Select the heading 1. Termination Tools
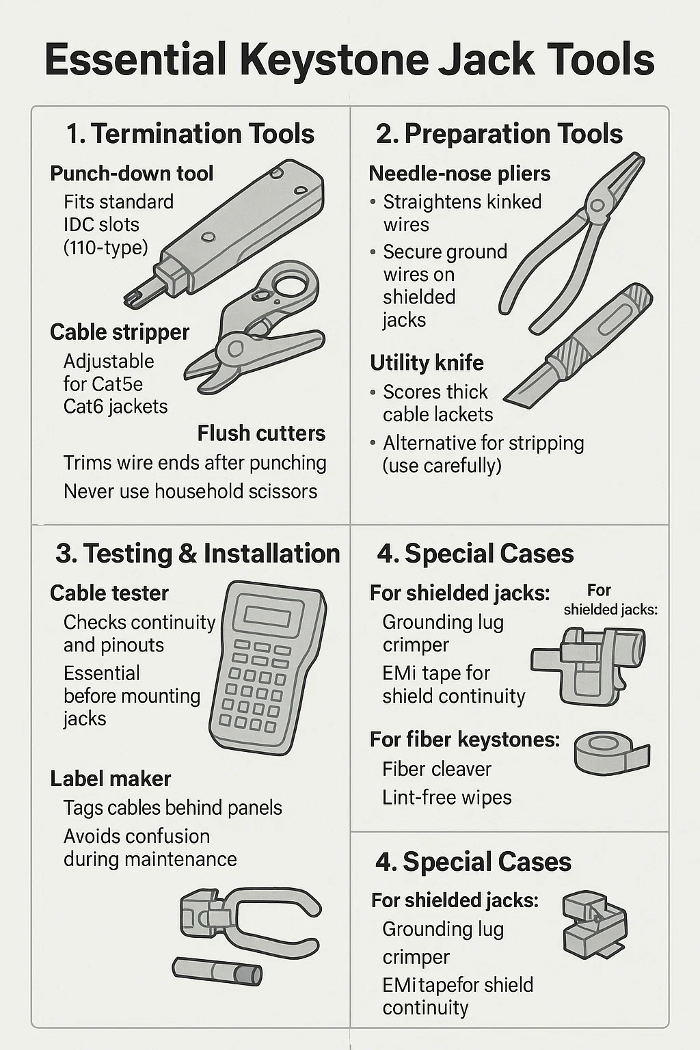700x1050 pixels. (x=190, y=134)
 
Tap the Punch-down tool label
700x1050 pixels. (x=132, y=174)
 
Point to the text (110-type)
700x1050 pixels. (x=106, y=247)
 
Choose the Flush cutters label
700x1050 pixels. (x=261, y=433)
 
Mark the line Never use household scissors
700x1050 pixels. (x=190, y=492)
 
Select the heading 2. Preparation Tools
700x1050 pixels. (x=499, y=134)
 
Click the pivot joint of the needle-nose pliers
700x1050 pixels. (x=597, y=205)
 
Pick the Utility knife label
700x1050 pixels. (x=427, y=363)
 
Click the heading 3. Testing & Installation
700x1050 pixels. (x=198, y=553)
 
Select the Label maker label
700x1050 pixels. (x=110, y=779)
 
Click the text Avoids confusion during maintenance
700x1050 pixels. (x=150, y=848)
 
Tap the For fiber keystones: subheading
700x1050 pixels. (x=465, y=740)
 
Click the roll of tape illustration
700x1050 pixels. (x=612, y=753)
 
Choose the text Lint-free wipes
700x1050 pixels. (x=447, y=797)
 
